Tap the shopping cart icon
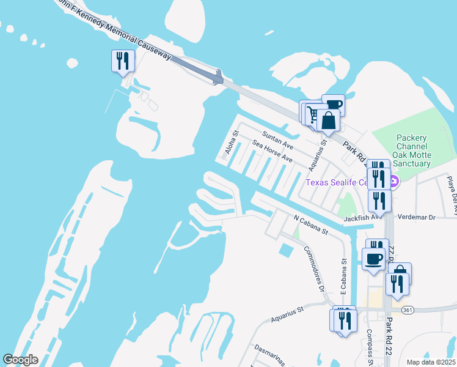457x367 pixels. [312, 114]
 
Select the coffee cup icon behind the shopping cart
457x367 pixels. [334, 105]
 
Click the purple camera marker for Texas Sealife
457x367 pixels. [394, 182]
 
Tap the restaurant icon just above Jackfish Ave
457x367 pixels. [379, 201]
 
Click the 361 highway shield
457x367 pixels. [408, 310]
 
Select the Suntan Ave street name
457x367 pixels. [278, 140]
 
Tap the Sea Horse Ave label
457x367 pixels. [273, 154]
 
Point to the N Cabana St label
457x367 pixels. [311, 224]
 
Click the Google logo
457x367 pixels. [20, 360]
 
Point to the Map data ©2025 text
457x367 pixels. [430, 362]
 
